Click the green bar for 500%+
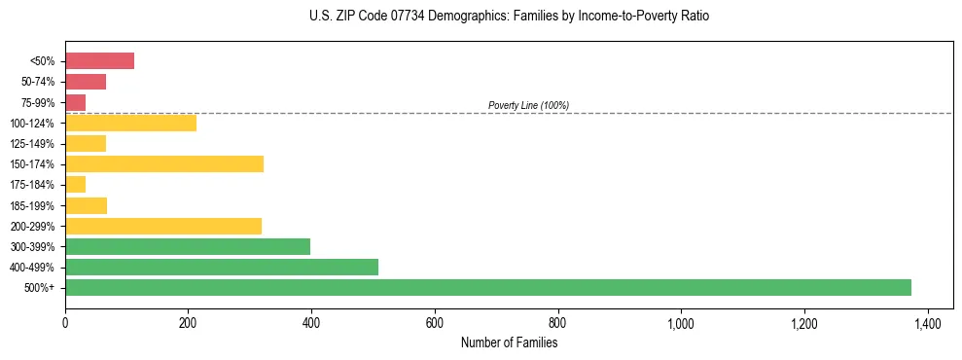coord(487,287)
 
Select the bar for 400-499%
coord(221,267)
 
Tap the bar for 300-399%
coord(187,246)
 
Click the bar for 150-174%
coord(163,163)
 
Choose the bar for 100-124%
coord(130,123)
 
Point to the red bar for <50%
coord(99,61)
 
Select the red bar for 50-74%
coord(85,82)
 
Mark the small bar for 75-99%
coord(75,102)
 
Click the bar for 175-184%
coord(75,184)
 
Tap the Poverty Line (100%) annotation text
coord(528,105)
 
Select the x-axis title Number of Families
coord(509,342)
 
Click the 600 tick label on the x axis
coord(435,322)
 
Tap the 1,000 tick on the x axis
coord(681,322)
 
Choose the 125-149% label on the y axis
coord(31,144)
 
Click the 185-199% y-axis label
coord(31,205)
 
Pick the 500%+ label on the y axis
coord(40,288)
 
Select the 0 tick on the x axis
coord(65,322)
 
